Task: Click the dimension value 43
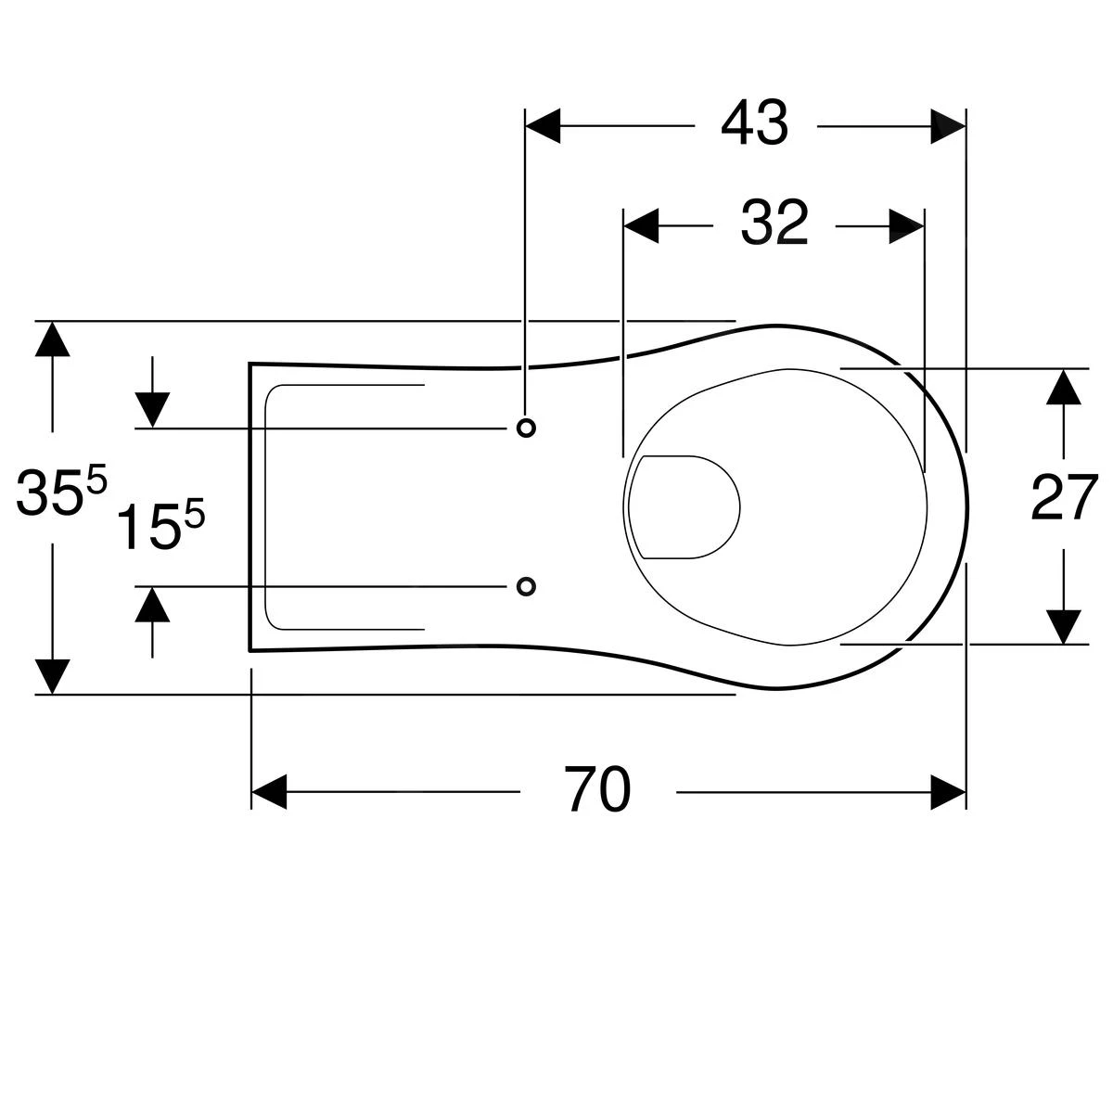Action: click(x=754, y=124)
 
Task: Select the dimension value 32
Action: click(x=774, y=224)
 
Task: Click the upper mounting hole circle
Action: click(x=526, y=427)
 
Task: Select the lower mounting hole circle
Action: click(x=526, y=586)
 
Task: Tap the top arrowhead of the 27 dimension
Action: click(x=1065, y=387)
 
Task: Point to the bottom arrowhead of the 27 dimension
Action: click(x=1065, y=626)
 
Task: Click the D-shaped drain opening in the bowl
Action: click(x=685, y=507)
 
